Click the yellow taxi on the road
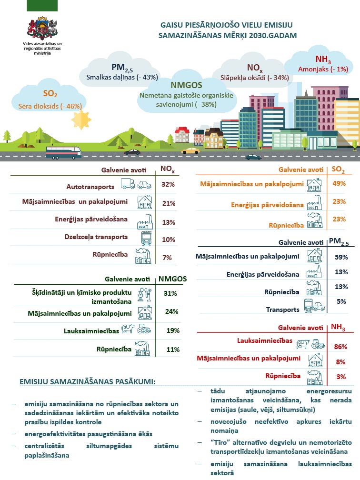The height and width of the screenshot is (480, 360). tap(190, 150)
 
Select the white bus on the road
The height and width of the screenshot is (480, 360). tap(63, 152)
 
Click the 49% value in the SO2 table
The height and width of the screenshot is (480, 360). tap(339, 184)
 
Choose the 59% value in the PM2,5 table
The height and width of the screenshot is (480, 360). tap(341, 257)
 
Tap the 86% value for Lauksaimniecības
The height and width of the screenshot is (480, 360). tap(341, 347)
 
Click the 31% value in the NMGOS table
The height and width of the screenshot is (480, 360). tap(170, 293)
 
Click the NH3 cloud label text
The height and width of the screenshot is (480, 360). tap(323, 60)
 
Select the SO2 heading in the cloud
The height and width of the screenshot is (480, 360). tap(50, 94)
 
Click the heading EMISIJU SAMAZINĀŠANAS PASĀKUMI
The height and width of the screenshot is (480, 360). tap(88, 381)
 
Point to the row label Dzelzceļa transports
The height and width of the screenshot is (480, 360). tap(96, 237)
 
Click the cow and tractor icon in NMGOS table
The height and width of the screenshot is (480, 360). tap(137, 329)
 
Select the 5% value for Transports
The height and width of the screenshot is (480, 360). tap(341, 301)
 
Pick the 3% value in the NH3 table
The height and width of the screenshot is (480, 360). tap(341, 377)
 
